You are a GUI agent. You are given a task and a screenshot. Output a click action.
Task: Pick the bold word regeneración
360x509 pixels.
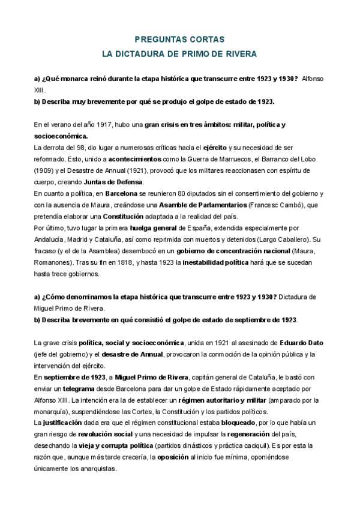click(267, 434)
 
